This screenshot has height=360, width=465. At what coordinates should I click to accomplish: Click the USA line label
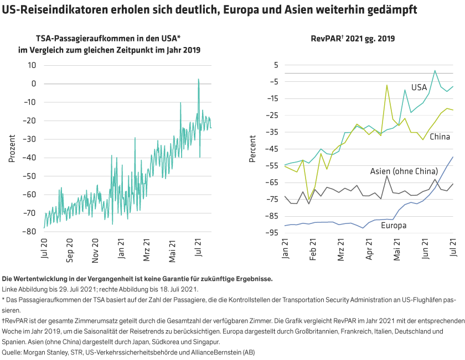point(419,87)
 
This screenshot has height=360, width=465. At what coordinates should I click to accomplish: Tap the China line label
point(440,137)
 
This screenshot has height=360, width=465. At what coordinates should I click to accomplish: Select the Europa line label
point(394,226)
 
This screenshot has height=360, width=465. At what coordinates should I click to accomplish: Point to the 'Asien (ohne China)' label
point(397,172)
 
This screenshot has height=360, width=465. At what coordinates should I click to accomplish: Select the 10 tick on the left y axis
point(32,65)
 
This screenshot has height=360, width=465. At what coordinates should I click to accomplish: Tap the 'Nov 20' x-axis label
point(95,250)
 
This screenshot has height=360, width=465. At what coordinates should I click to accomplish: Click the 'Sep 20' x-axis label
point(70,250)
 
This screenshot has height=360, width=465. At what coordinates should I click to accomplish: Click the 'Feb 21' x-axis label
point(313,250)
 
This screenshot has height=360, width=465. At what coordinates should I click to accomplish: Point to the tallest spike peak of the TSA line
point(198,80)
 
